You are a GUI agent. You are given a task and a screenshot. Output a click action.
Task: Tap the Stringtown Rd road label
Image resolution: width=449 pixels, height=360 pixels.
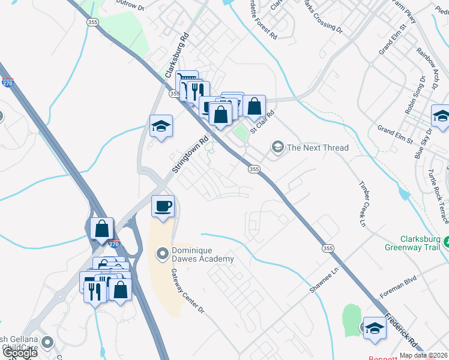point(190,154)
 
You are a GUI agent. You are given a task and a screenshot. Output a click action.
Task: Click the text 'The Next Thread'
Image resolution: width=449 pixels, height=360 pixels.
point(318,148)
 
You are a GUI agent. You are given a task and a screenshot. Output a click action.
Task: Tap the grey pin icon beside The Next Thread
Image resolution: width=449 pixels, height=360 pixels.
point(277,146)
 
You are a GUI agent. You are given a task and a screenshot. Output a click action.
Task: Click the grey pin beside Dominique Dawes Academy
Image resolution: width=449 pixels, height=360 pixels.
point(161,254)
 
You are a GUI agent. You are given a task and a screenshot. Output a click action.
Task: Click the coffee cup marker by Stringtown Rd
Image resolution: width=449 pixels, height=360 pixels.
point(163,206)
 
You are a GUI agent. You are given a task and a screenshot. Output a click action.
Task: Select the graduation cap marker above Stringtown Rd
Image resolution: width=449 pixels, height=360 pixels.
point(161,126)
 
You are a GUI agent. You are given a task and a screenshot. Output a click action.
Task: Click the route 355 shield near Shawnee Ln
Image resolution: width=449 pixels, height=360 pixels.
point(327,248)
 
